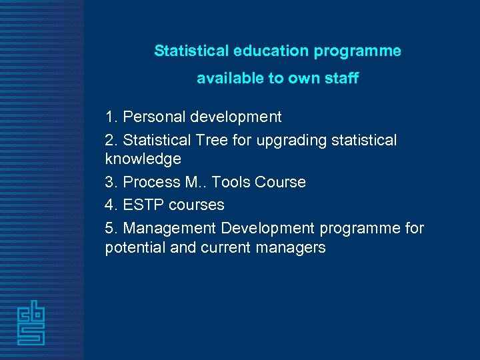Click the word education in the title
[265, 51]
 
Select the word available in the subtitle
[230, 79]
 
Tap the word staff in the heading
[341, 79]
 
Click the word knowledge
[143, 159]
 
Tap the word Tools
[231, 183]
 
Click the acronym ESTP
[144, 205]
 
